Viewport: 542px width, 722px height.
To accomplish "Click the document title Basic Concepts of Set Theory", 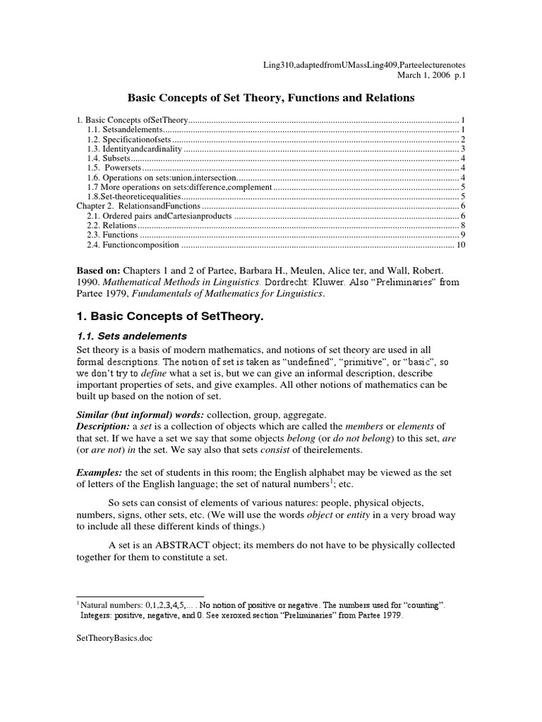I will click(x=270, y=97).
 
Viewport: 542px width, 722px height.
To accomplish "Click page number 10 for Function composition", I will click(x=461, y=245).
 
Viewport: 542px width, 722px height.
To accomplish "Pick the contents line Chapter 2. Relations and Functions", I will click(x=129, y=205).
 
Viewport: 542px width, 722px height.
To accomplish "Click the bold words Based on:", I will click(x=99, y=271).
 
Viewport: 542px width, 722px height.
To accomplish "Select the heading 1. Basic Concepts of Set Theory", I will click(x=169, y=317).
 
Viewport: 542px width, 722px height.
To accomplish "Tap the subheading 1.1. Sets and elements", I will click(x=132, y=336).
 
